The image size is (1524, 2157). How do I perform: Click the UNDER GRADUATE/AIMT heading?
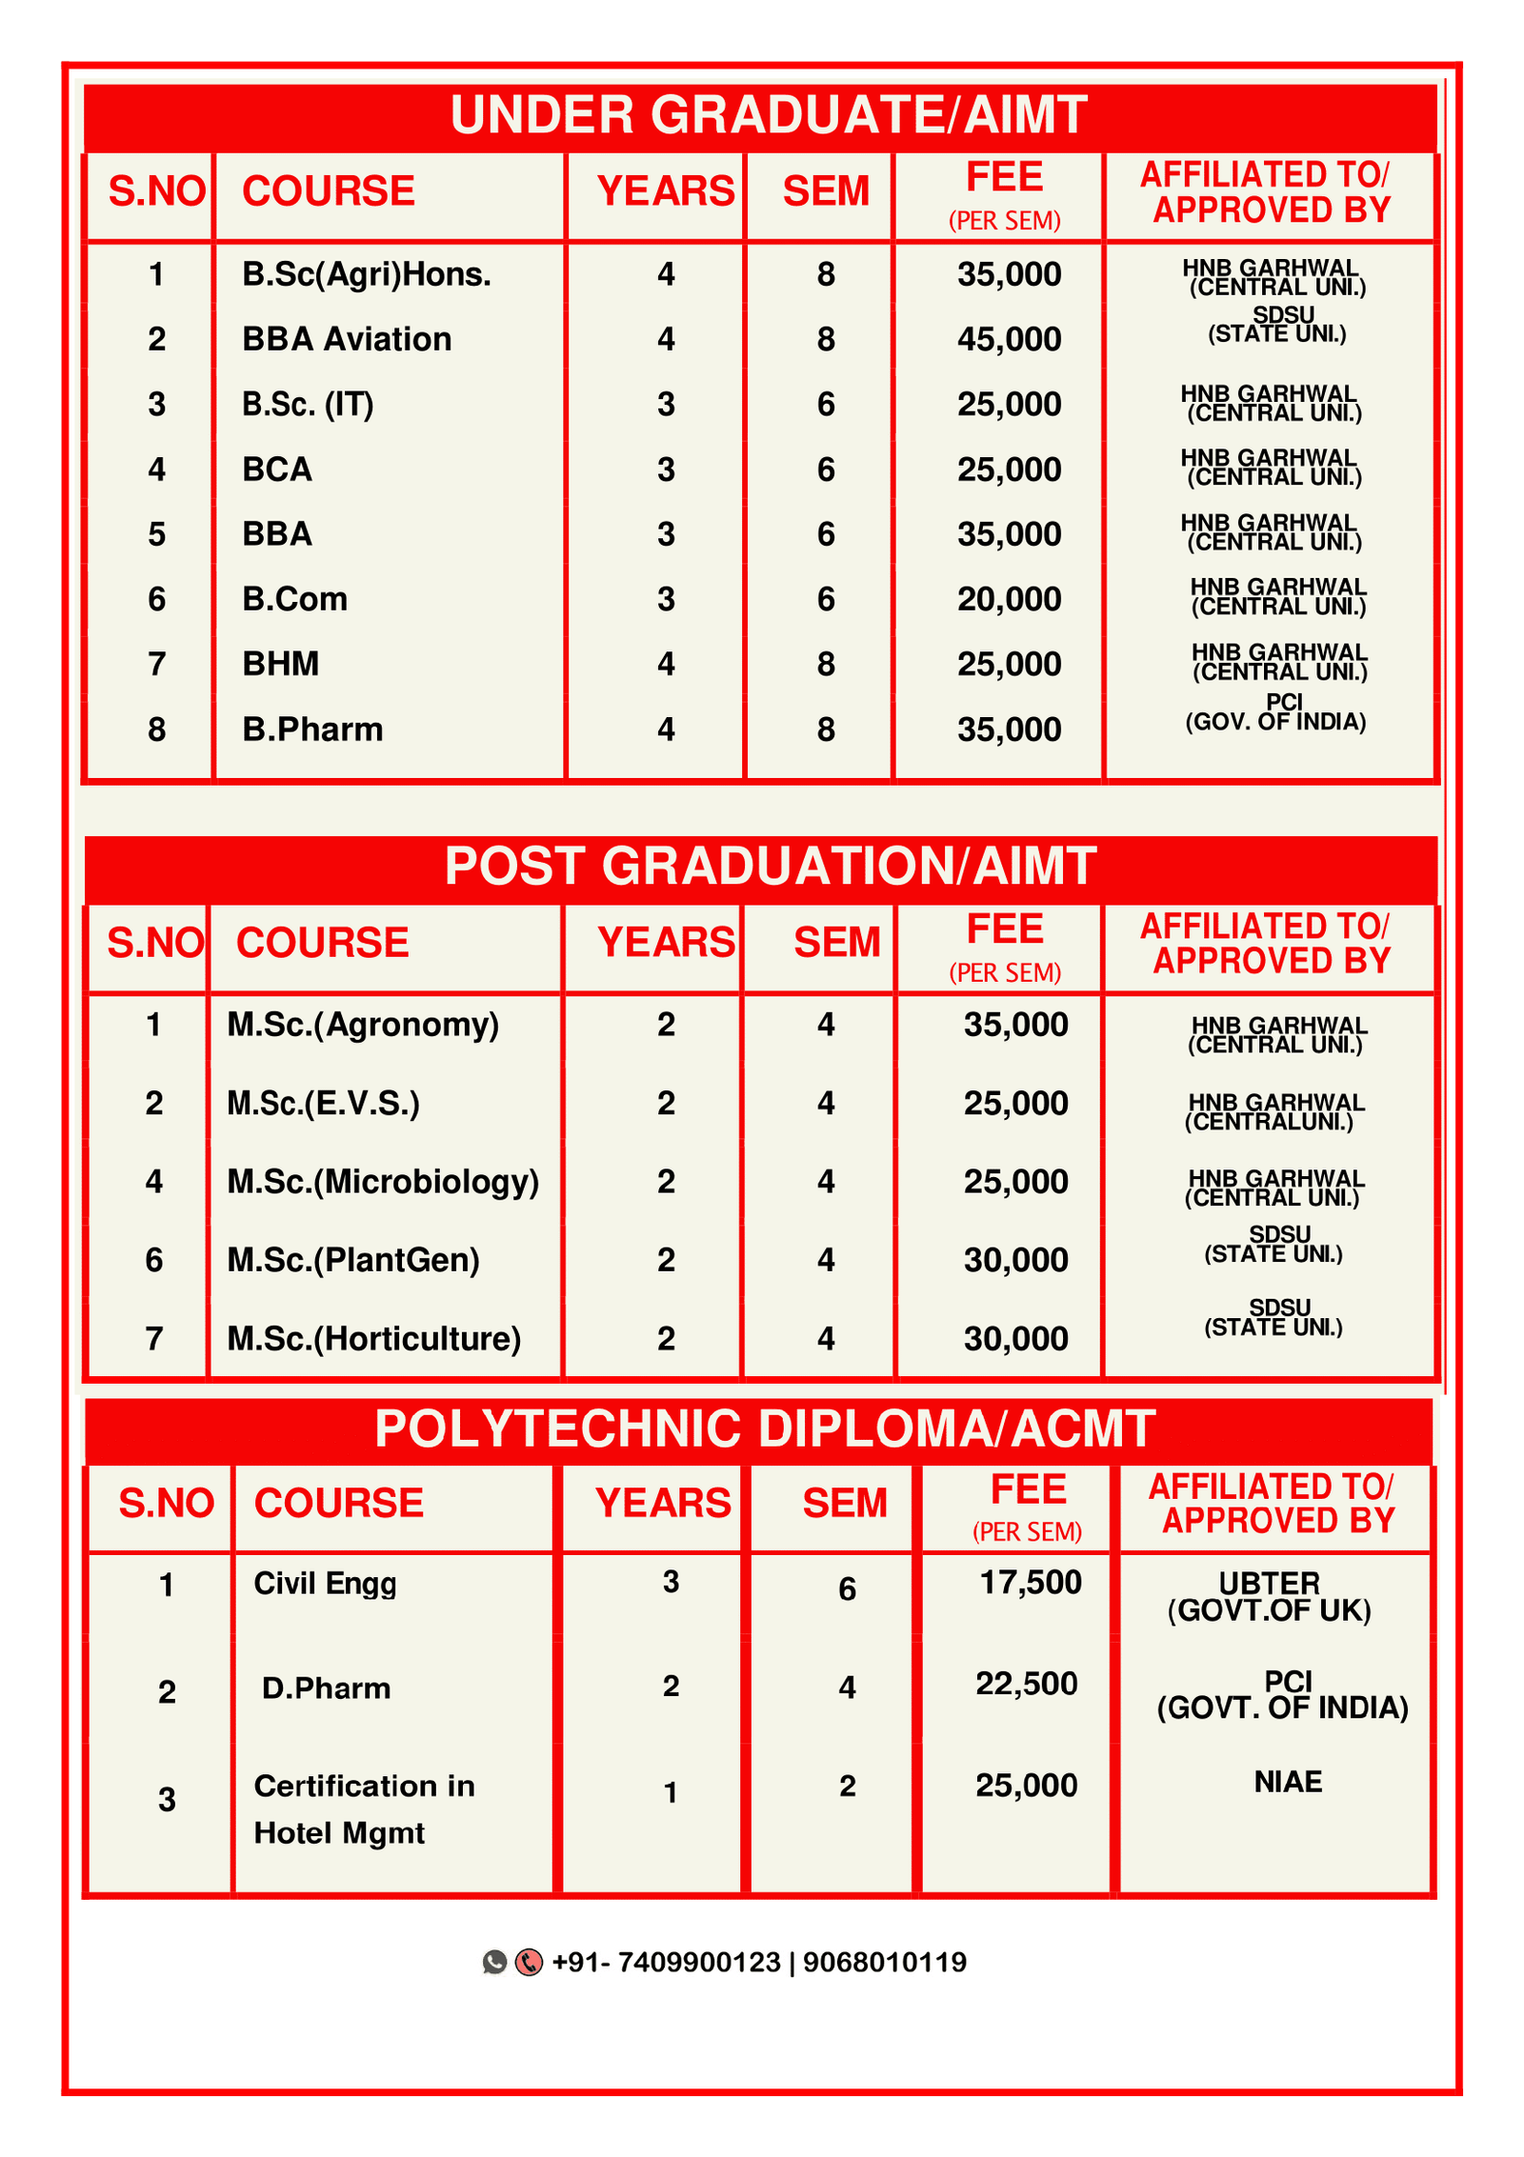pos(768,115)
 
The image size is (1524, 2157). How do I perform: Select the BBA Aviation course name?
pos(347,339)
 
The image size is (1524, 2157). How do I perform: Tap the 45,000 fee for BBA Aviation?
pos(1009,339)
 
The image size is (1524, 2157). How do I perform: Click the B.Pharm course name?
pos(312,729)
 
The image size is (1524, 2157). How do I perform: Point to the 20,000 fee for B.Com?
pos(1009,599)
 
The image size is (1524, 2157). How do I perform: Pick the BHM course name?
pos(280,664)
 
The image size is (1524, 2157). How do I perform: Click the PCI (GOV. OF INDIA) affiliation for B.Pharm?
pos(1275,712)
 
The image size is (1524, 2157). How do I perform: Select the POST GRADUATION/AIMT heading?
pos(770,867)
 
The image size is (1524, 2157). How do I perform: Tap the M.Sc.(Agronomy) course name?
pos(363,1025)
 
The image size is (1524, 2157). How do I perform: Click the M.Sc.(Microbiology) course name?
pos(383,1182)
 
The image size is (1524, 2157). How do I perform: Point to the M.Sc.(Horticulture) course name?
pos(373,1339)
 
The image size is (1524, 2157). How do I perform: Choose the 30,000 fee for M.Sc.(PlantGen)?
pos(1015,1260)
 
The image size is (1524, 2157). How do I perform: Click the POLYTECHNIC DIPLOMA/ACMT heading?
pos(765,1428)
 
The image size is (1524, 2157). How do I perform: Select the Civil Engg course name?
pos(325,1584)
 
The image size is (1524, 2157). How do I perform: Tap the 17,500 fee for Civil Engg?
pos(1031,1583)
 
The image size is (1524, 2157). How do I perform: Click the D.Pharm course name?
pos(326,1688)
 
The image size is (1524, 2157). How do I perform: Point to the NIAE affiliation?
pos(1288,1782)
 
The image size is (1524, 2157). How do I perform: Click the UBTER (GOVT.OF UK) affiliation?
pos(1270,1597)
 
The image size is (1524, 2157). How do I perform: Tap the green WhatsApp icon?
pos(494,1962)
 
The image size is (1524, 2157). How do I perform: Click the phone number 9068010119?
pos(884,1963)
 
